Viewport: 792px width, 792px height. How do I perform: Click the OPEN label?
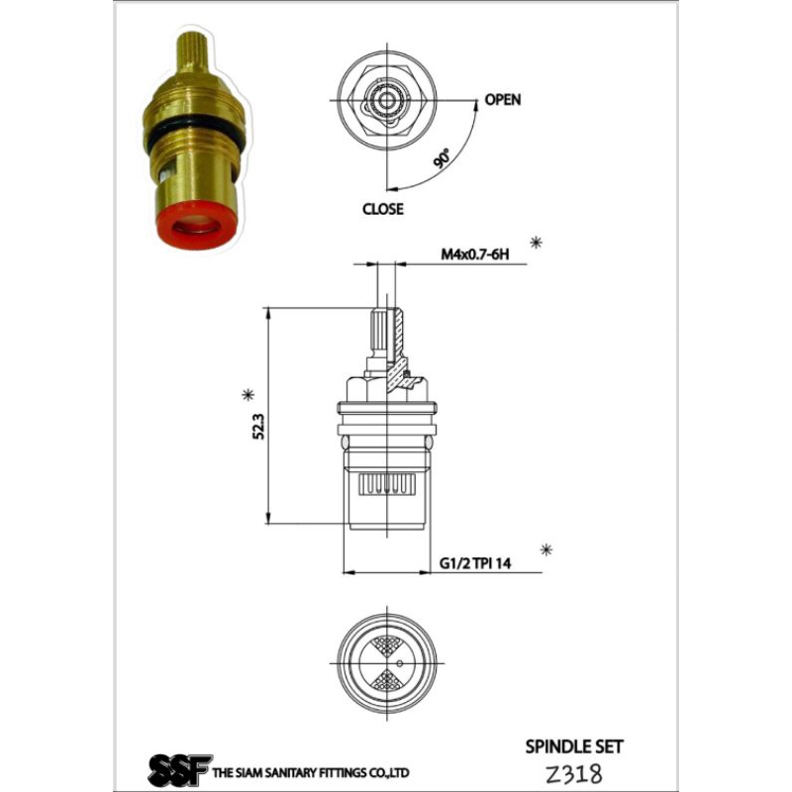coord(503,100)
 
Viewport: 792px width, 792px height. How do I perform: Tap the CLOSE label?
coord(383,209)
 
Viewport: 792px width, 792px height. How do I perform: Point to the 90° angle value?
coord(442,158)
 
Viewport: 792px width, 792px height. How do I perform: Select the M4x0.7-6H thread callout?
coord(475,254)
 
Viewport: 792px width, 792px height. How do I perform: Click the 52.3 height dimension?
coord(258,427)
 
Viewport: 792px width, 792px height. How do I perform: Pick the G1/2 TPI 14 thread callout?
coord(475,563)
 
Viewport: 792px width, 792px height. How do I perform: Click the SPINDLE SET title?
coord(574,746)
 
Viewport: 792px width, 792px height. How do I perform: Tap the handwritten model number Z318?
coord(574,773)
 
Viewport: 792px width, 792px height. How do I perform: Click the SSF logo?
coord(179,769)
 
